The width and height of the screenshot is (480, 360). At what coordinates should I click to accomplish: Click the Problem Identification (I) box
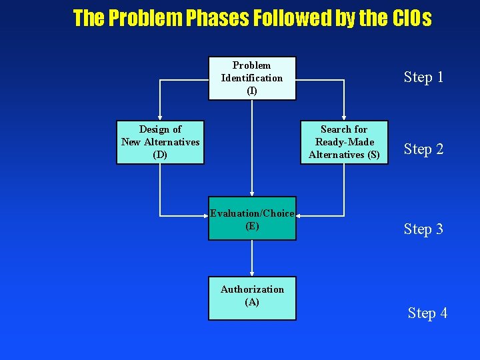point(252,78)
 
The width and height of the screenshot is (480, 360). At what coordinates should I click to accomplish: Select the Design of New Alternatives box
point(160,142)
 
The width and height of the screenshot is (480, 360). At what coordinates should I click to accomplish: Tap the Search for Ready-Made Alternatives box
point(344,142)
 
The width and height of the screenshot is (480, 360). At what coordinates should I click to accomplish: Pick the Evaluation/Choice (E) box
point(252,219)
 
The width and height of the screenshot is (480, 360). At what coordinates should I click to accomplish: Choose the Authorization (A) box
point(252,298)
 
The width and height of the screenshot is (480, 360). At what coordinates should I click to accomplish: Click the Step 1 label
point(423,77)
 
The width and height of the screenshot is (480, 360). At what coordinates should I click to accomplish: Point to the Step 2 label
point(423,149)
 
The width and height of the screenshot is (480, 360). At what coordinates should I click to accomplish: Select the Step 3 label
point(423,229)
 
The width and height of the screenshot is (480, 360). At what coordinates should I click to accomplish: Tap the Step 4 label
point(427,313)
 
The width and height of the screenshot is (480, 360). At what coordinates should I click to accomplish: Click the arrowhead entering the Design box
point(160,117)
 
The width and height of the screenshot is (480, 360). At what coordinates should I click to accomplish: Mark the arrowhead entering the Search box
point(344,117)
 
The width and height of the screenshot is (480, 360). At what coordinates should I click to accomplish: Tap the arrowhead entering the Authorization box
point(252,273)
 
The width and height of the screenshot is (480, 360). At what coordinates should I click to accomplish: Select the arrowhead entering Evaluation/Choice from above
point(252,193)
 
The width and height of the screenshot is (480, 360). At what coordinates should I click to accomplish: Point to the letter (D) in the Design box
point(160,155)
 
